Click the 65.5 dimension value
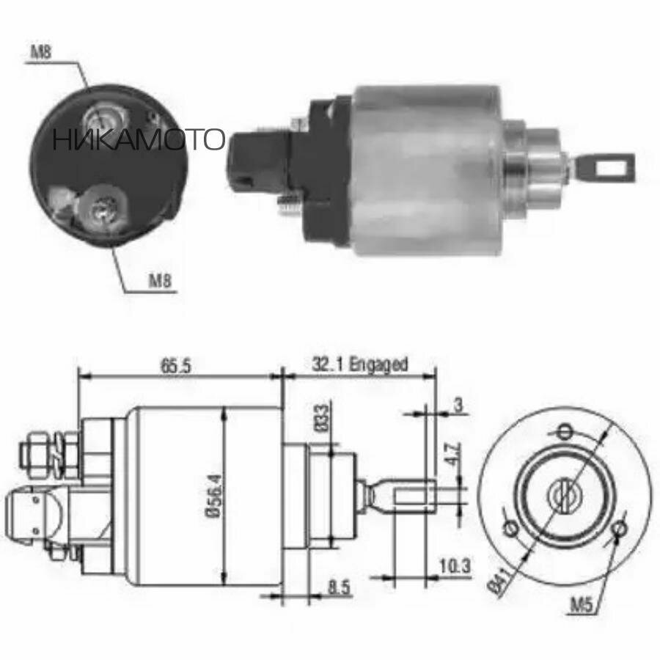pos(174,365)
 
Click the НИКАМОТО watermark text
pos(138,139)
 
